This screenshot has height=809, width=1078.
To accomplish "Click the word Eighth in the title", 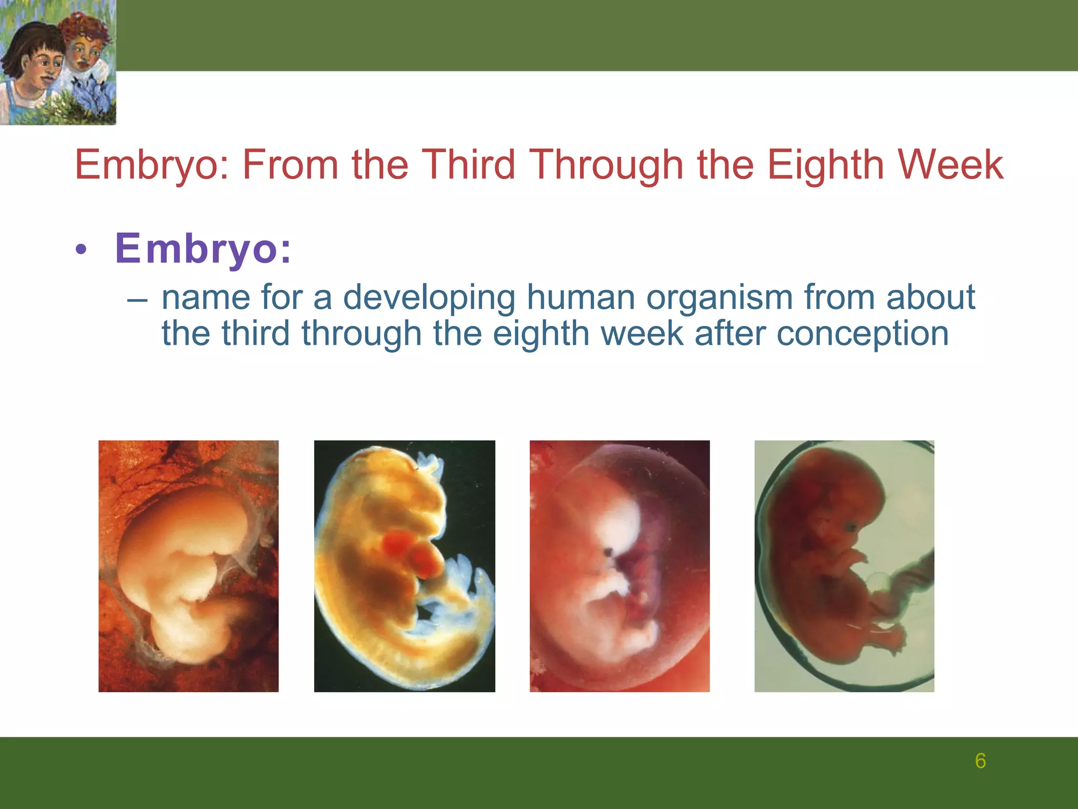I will pyautogui.click(x=825, y=165).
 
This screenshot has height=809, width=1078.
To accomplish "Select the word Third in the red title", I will pyautogui.click(x=469, y=165).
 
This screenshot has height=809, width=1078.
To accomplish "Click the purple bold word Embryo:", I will pyautogui.click(x=203, y=248).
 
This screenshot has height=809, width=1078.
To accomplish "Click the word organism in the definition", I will pyautogui.click(x=719, y=298).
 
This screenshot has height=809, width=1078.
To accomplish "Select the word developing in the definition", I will pyautogui.click(x=429, y=298).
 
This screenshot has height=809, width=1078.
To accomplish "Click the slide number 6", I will pyautogui.click(x=980, y=761).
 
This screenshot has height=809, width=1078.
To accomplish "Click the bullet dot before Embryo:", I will pyautogui.click(x=80, y=250).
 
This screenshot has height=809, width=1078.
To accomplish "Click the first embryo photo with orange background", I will pyautogui.click(x=188, y=566).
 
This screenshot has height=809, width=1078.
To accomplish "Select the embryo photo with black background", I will pyautogui.click(x=404, y=566).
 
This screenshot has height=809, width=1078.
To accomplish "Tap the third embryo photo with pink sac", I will pyautogui.click(x=620, y=566).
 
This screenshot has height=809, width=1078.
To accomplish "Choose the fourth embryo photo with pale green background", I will pyautogui.click(x=844, y=566).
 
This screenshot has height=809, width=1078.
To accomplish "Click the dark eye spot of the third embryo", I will pyautogui.click(x=609, y=552).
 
